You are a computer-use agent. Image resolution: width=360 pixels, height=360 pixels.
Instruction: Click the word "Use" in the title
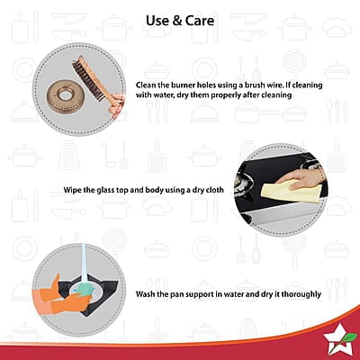tap(157, 21)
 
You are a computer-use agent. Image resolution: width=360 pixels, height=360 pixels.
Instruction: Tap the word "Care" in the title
tap(200, 21)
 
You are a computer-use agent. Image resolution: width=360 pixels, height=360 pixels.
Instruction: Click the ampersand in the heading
tap(176, 21)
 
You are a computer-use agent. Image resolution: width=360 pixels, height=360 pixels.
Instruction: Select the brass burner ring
tap(63, 96)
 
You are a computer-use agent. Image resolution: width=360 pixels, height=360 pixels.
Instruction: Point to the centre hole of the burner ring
tap(64, 95)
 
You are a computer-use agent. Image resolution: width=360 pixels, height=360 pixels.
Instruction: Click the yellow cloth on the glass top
tap(288, 192)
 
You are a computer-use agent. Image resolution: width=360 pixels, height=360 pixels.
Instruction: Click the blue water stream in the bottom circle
tap(84, 264)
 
